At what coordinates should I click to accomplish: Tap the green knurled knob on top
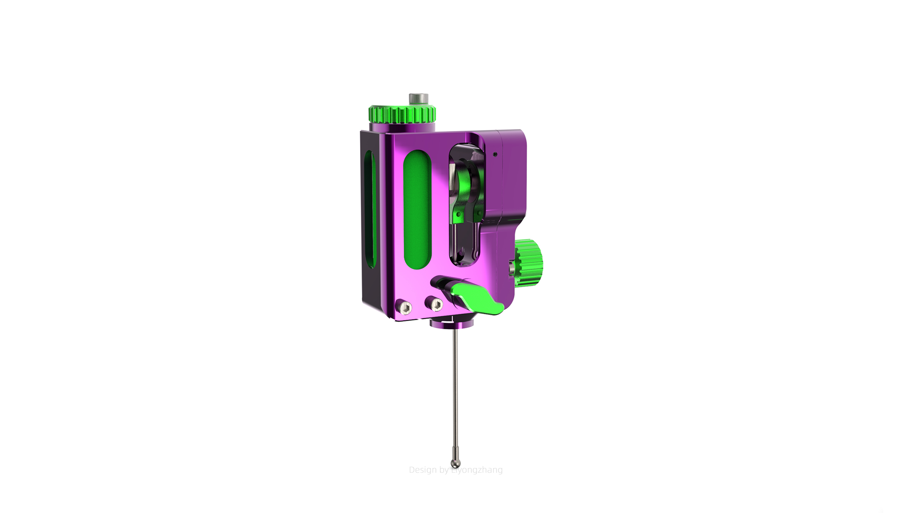tap(402, 114)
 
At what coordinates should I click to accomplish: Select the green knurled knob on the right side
tap(530, 263)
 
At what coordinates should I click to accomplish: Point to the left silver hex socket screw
tap(404, 307)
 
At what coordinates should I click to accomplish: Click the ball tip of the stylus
tap(455, 463)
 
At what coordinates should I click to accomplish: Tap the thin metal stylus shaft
tap(455, 392)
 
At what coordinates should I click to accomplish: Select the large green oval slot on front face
tap(418, 210)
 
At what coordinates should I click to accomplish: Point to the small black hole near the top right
tap(495, 154)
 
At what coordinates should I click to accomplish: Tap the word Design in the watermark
tap(423, 470)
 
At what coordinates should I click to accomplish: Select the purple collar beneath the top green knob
tap(402, 127)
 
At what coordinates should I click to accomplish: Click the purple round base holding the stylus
tap(452, 323)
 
